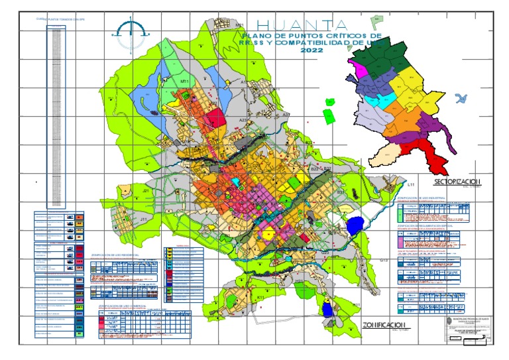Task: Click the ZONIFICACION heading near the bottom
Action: [x=384, y=324]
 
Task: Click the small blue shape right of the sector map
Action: [x=463, y=98]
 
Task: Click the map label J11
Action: [x=143, y=217]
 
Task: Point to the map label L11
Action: [x=411, y=184]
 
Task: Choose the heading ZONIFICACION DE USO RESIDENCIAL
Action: [x=118, y=253]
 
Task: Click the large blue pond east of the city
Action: [x=356, y=226]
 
